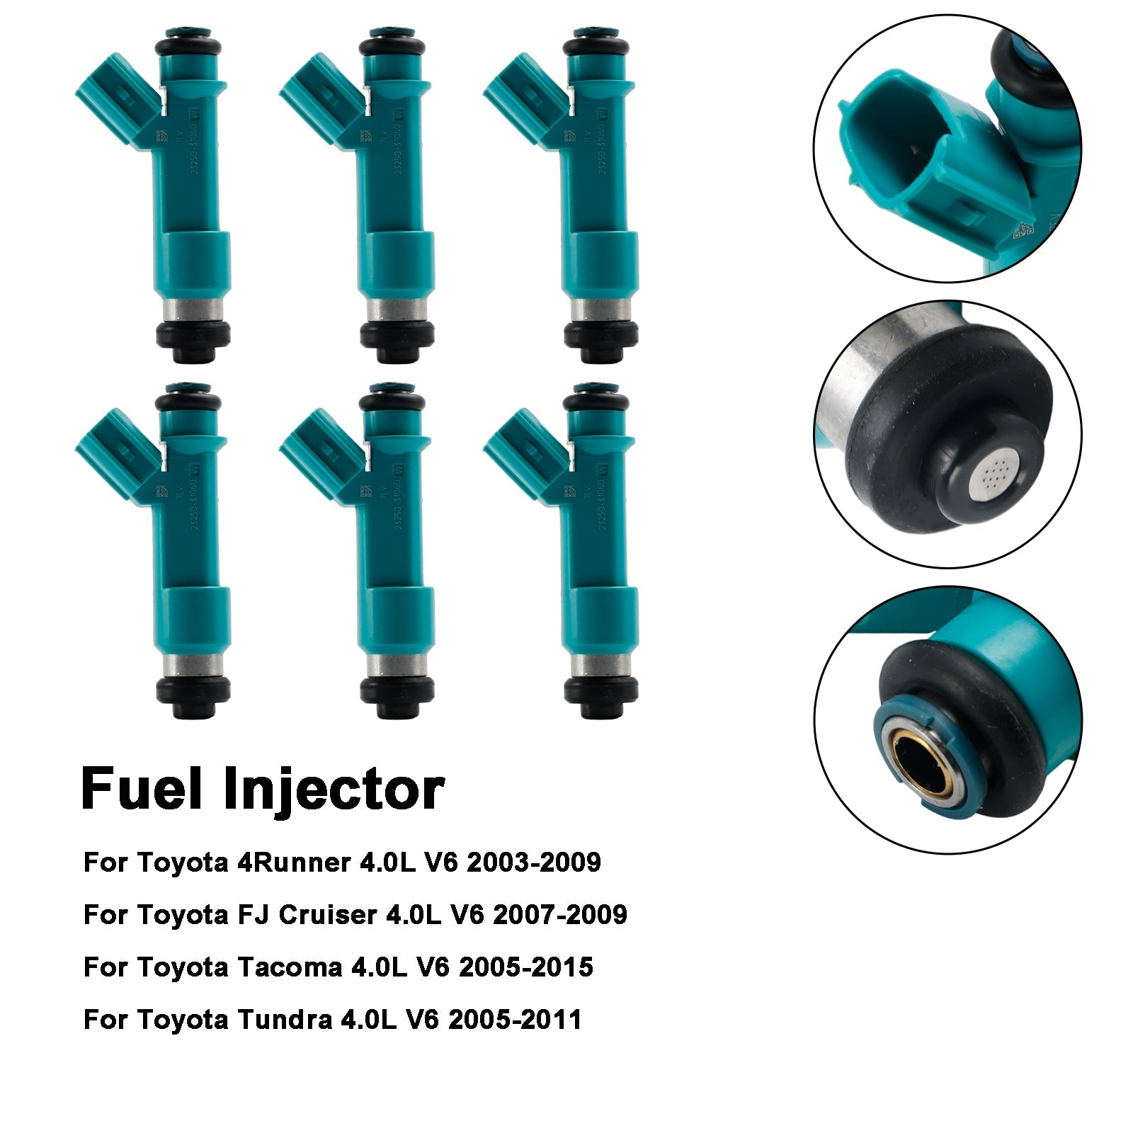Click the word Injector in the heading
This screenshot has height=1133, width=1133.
point(333,792)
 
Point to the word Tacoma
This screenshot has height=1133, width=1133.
point(289,967)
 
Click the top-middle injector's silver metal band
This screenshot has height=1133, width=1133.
point(397,309)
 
